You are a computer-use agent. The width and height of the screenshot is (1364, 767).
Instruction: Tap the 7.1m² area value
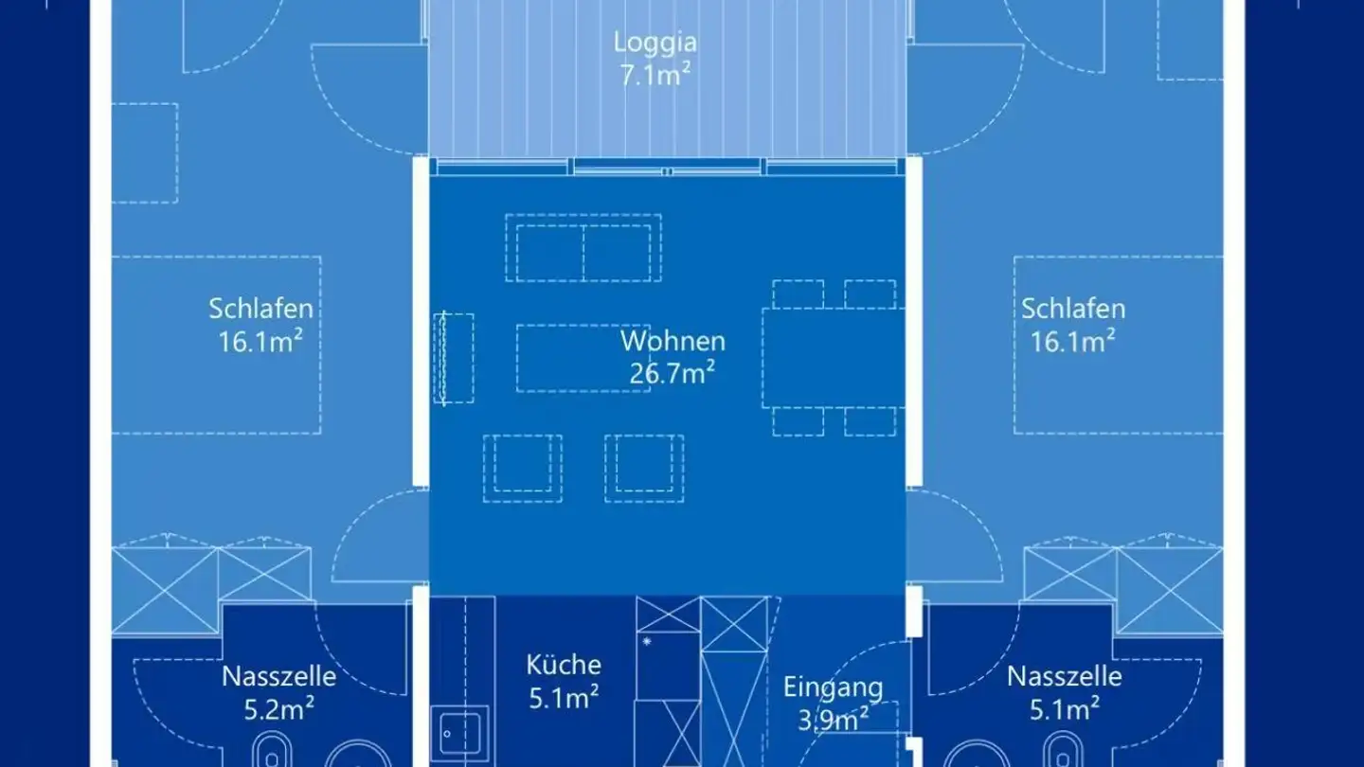655,76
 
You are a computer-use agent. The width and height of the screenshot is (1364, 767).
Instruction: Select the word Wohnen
673,341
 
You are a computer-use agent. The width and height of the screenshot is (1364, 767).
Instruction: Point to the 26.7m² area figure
672,373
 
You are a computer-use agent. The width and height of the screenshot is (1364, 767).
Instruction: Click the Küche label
564,664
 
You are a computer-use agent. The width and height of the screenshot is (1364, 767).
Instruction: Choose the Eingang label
833,687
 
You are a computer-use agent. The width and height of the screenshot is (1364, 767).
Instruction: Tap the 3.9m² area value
833,720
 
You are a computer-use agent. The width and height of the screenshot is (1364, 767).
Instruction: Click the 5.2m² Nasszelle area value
278,709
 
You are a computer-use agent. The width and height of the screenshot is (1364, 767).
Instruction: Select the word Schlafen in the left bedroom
260,309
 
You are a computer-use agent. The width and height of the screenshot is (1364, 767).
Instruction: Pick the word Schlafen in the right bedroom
1073,309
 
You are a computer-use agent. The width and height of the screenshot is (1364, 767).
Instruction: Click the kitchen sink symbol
459,733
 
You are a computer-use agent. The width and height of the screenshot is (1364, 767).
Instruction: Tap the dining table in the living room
833,358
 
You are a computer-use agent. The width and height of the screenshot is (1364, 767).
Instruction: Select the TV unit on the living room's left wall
454,358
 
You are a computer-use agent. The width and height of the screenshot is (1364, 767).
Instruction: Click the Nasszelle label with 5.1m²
1064,677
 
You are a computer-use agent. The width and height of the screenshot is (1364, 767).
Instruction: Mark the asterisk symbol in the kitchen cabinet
647,642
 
